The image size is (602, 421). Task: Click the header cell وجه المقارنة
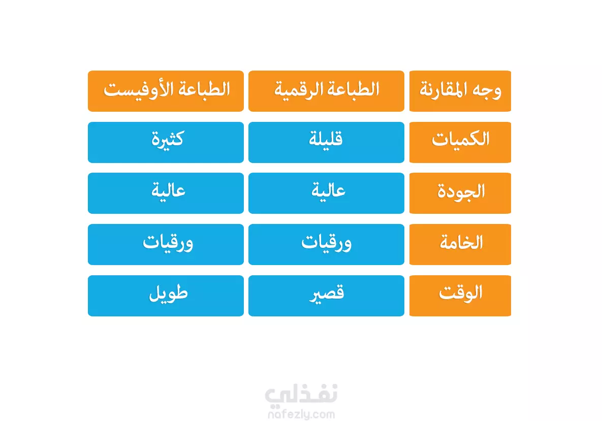460,91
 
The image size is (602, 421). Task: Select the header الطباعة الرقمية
326,91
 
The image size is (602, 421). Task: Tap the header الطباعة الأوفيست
166,91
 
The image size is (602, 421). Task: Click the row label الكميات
460,142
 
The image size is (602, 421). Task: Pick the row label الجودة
460,193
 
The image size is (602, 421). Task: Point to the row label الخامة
460,244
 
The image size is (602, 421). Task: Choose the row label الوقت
460,296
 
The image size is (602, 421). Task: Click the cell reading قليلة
326,142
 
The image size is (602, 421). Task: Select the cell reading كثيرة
166,142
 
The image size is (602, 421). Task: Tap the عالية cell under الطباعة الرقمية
326,193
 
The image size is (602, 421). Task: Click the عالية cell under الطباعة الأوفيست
166,193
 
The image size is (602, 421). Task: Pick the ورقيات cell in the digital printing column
326,244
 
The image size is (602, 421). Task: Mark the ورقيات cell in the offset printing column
166,244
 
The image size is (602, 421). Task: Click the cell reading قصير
326,296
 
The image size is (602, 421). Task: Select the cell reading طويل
166,296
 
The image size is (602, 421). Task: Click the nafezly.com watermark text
301,414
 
